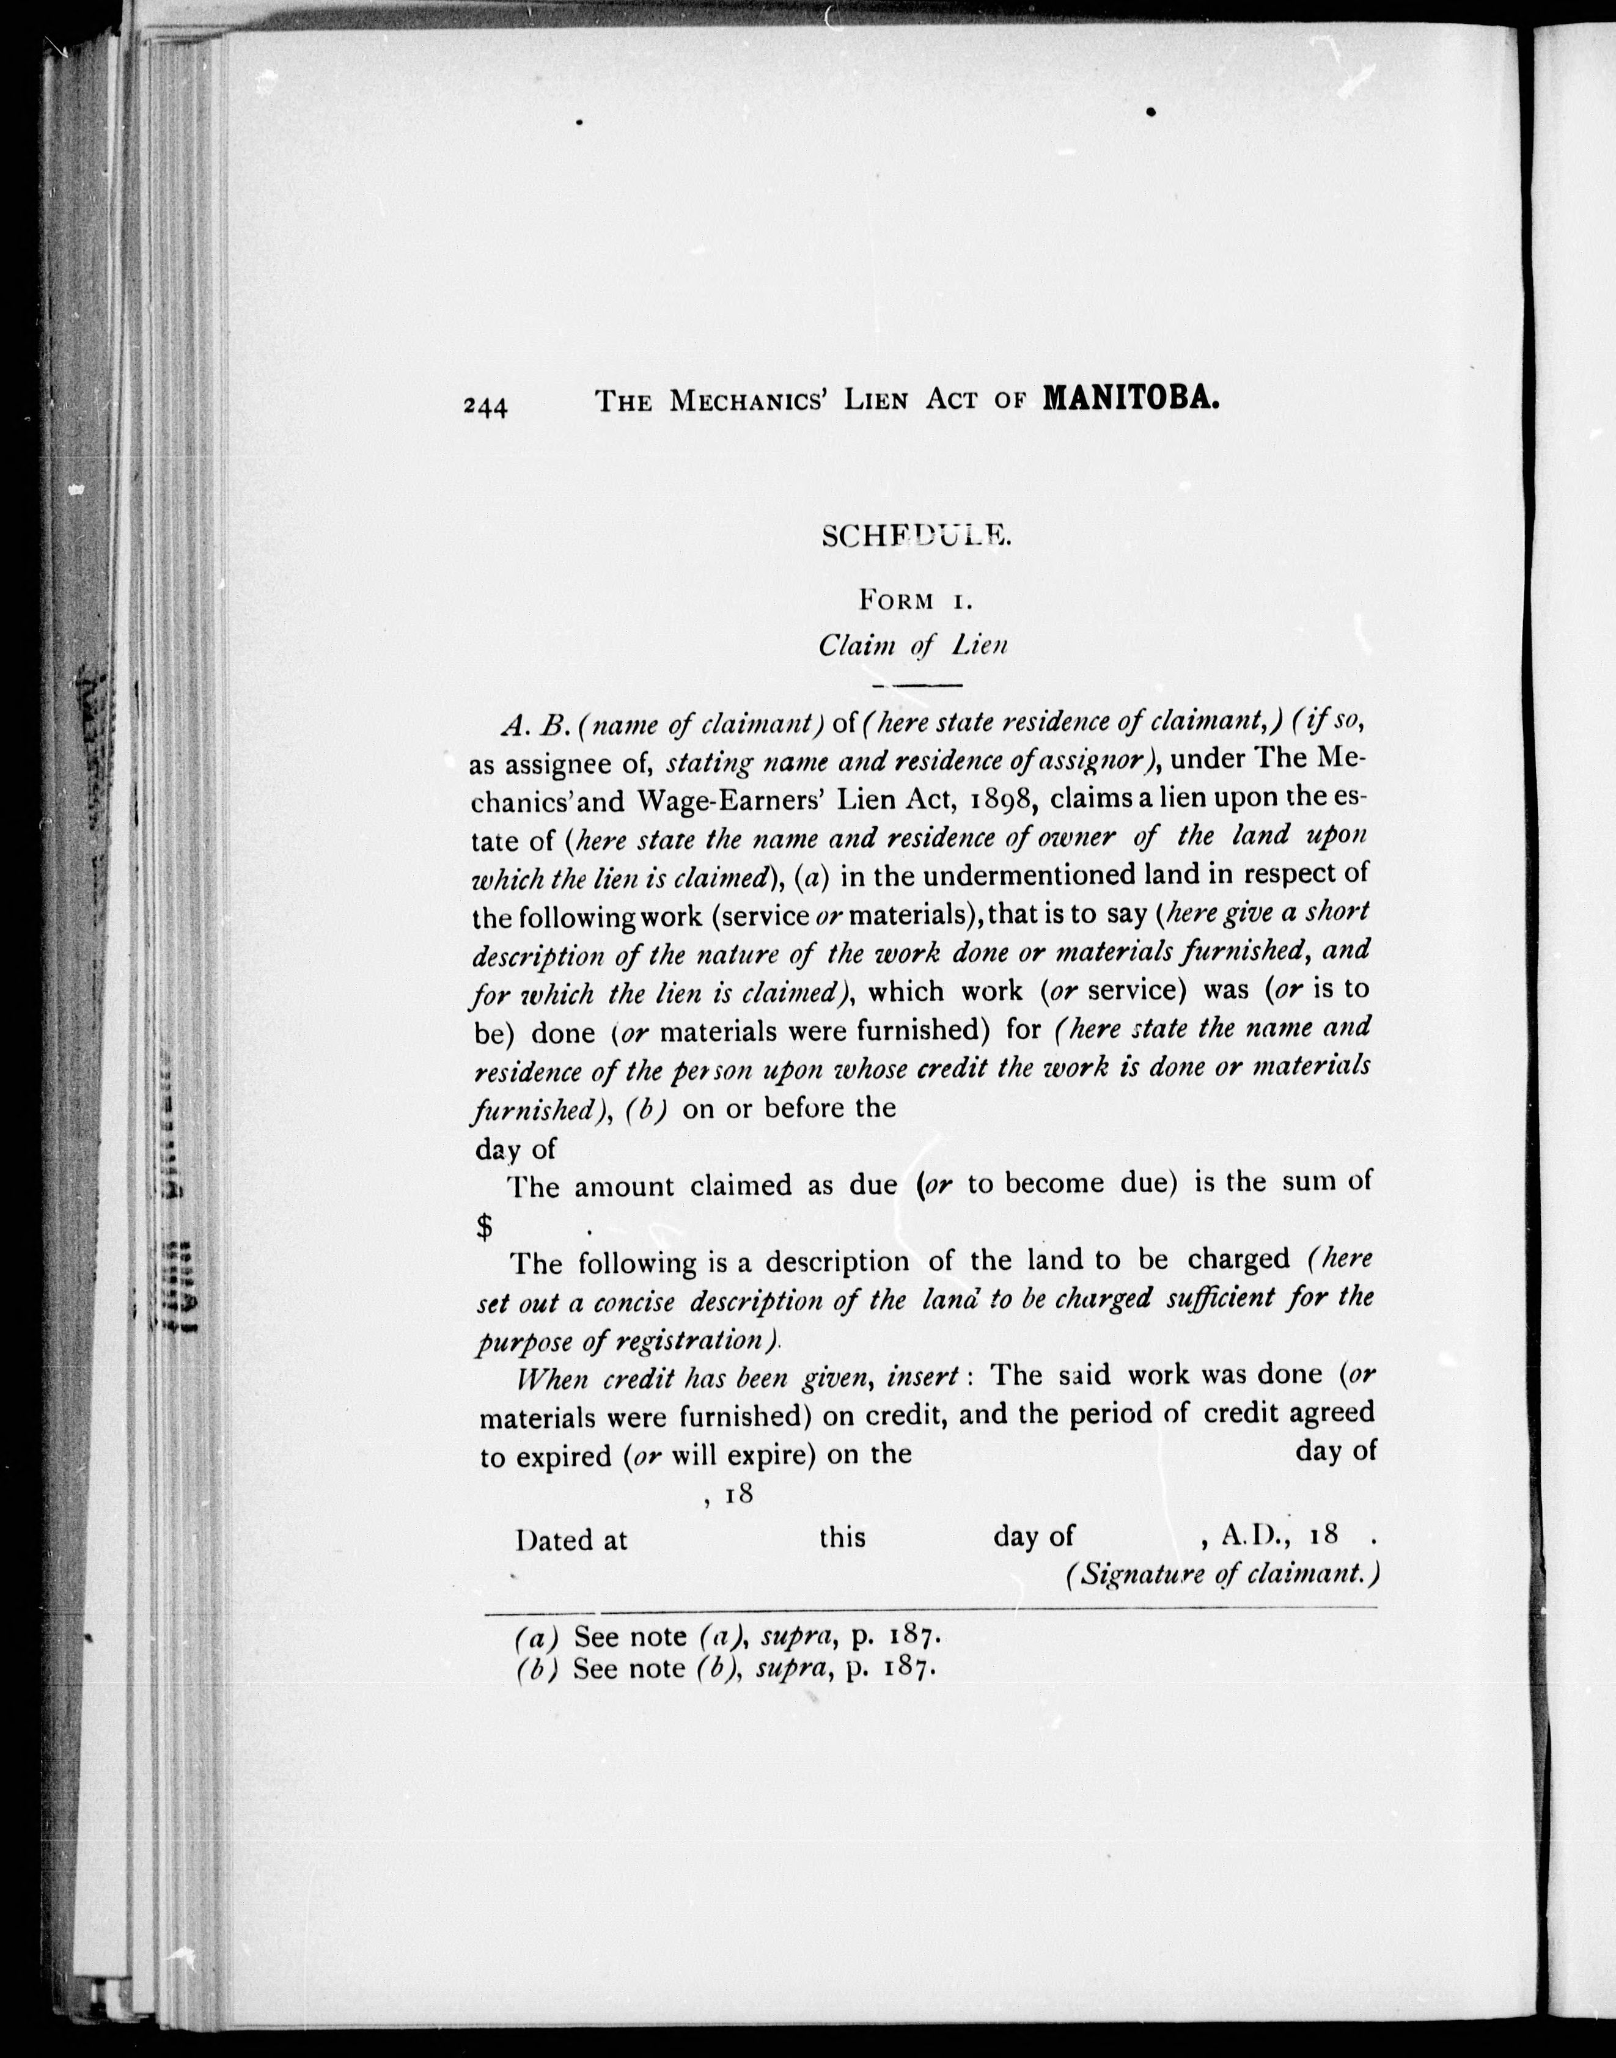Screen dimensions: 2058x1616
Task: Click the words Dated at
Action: [x=571, y=1540]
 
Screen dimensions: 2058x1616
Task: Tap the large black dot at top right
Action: [x=1151, y=112]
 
